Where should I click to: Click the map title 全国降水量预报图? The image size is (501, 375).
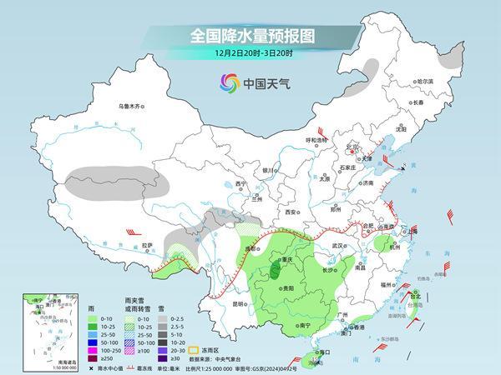(250, 37)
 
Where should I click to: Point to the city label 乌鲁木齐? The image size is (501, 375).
(132, 106)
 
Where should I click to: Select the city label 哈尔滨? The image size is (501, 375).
(426, 81)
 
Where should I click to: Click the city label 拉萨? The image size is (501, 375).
(148, 245)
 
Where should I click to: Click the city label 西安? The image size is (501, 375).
(292, 212)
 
